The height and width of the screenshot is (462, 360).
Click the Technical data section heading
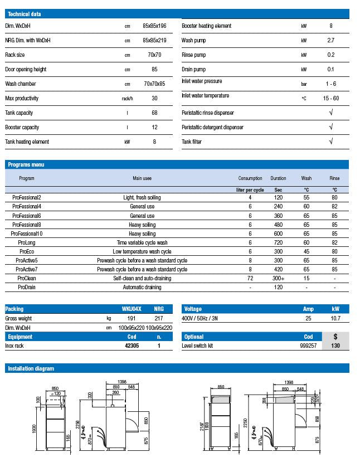25,14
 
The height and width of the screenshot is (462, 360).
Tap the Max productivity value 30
154,98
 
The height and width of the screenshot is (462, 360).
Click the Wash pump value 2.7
331,41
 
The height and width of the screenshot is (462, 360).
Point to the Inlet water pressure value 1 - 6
331,84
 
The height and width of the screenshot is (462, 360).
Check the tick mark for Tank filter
331,142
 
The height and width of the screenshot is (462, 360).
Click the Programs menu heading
26,164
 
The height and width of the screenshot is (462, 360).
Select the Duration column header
278,178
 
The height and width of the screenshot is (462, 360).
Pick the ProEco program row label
27,251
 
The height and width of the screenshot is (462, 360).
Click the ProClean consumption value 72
250,278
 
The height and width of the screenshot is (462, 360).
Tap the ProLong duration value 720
278,242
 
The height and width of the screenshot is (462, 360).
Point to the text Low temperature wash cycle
142,251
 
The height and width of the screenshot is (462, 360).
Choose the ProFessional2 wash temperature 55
307,197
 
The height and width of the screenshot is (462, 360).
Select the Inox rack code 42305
132,346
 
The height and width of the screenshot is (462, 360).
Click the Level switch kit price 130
335,346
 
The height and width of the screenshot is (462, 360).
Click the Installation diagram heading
31,368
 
